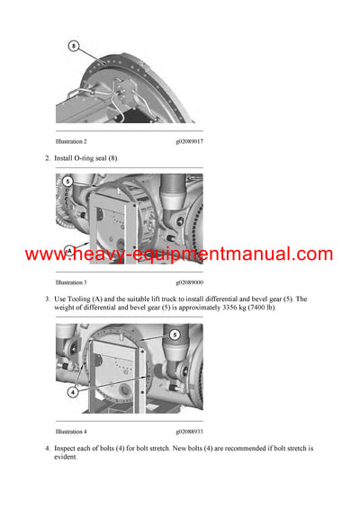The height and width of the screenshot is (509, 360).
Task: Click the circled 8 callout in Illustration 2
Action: pyautogui.click(x=75, y=45)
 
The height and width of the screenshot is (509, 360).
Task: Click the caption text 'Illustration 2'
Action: pyautogui.click(x=71, y=142)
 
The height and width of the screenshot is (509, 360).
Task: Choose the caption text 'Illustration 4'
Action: pyautogui.click(x=71, y=432)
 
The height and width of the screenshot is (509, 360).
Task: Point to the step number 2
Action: pyautogui.click(x=47, y=158)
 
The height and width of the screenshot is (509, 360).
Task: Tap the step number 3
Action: pyautogui.click(x=47, y=299)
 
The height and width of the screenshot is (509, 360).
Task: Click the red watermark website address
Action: pyautogui.click(x=179, y=254)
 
